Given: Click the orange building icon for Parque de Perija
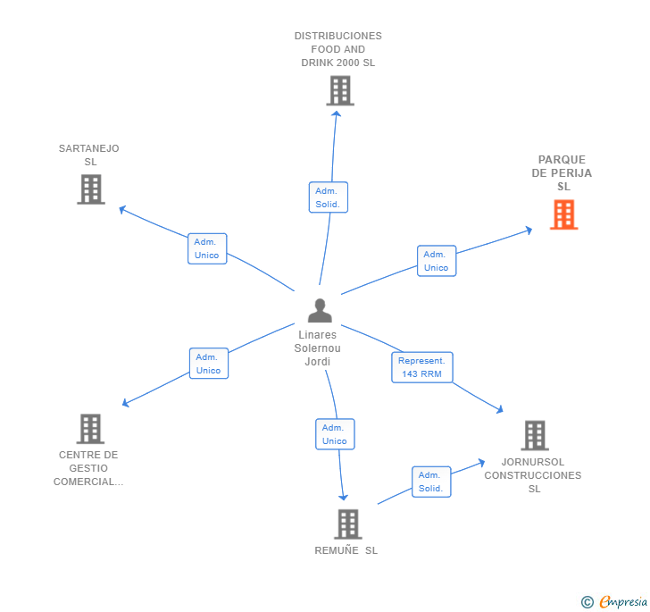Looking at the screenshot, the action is (x=563, y=214).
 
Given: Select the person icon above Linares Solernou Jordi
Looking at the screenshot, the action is (x=320, y=310).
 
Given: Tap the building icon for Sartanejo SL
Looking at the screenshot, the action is (x=91, y=189).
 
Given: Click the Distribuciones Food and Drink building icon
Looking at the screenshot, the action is (x=340, y=90).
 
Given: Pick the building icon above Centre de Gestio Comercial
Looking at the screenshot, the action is (x=90, y=429).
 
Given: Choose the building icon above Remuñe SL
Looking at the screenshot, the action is (x=348, y=524).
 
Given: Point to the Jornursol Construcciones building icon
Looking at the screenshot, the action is (x=535, y=436).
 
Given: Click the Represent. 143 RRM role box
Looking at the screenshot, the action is (x=422, y=367).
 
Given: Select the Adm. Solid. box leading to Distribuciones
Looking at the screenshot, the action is (x=329, y=197).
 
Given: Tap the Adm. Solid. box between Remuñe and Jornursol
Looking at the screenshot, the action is (x=431, y=482).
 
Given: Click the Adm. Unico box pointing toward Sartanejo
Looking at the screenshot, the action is (x=207, y=248).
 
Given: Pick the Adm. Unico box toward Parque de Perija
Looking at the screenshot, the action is (x=437, y=261).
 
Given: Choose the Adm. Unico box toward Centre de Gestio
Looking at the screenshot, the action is (x=209, y=364).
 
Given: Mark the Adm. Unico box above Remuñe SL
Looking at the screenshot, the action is (x=335, y=434).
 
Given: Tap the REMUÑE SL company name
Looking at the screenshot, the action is (x=346, y=550).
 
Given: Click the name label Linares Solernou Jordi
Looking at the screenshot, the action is (x=318, y=348).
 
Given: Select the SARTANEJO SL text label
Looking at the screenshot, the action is (x=89, y=155).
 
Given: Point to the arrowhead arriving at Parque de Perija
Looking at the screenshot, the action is (x=529, y=230).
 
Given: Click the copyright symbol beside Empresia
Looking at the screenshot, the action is (x=587, y=601).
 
